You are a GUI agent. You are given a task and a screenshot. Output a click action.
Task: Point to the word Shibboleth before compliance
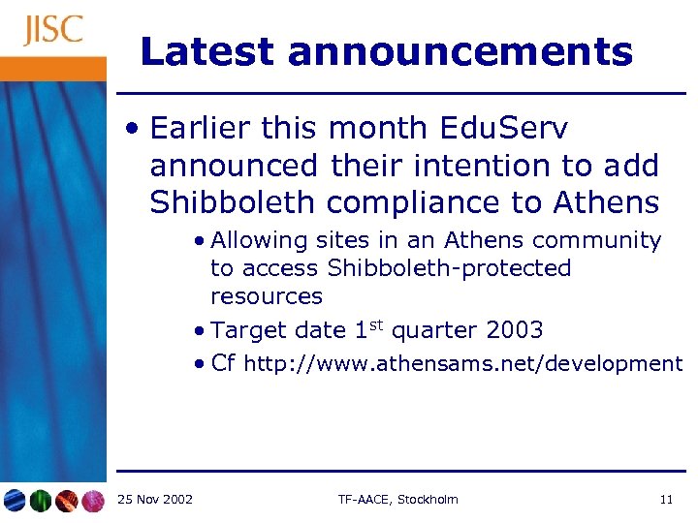tap(233, 203)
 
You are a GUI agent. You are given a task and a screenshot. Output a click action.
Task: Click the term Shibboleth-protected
tap(449, 268)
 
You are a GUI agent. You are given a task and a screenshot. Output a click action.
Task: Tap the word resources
tap(266, 296)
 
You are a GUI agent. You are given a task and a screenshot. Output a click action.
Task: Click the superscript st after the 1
tap(374, 324)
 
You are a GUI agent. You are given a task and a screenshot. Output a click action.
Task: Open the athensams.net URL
tap(463, 364)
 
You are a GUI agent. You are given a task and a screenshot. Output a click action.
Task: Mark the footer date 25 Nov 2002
tap(154, 500)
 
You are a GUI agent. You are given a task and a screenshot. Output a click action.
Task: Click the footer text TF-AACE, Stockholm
tap(397, 500)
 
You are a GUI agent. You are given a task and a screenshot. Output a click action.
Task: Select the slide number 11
tap(665, 500)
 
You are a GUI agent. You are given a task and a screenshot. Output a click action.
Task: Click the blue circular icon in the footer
tap(15, 501)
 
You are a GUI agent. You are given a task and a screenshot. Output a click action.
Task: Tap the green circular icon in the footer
tap(40, 501)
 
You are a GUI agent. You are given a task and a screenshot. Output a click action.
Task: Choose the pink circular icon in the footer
tap(92, 501)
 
